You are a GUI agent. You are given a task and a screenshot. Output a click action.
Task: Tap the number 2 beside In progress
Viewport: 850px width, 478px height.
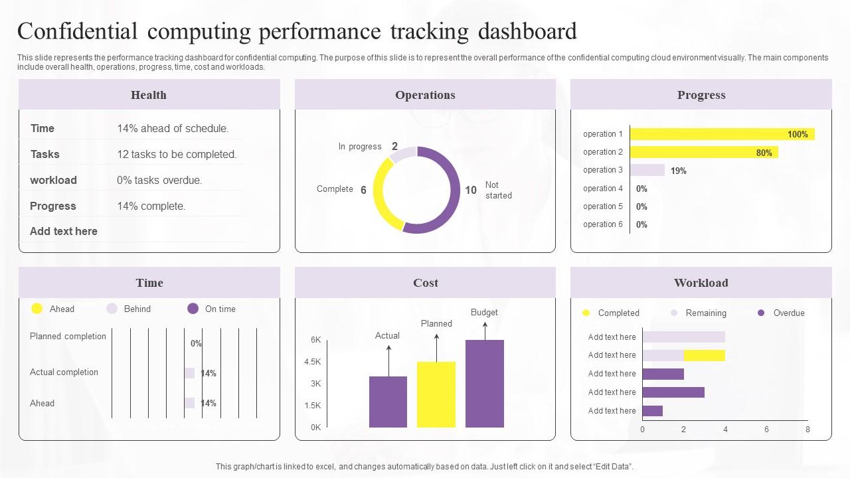click(x=394, y=146)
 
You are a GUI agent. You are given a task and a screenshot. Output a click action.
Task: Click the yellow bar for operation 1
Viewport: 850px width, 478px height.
click(x=704, y=134)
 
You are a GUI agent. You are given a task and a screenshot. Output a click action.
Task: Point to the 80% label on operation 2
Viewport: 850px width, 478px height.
click(x=764, y=153)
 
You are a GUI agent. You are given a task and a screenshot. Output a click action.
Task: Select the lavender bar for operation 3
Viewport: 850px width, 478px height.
click(x=647, y=170)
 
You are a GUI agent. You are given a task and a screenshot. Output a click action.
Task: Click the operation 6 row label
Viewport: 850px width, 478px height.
click(x=603, y=224)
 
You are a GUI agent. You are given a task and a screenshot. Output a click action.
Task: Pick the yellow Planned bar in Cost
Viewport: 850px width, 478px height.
click(x=436, y=394)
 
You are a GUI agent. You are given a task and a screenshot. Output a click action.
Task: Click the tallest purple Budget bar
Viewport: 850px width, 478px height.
click(x=485, y=384)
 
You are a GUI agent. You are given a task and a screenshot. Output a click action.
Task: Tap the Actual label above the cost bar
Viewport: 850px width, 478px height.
click(x=387, y=335)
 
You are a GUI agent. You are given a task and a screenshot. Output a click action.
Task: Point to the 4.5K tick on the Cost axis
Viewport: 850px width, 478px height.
click(x=312, y=362)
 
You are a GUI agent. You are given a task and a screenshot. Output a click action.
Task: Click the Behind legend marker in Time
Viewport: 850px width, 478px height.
click(x=112, y=309)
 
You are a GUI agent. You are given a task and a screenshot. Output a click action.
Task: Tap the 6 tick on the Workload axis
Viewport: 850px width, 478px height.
click(x=766, y=430)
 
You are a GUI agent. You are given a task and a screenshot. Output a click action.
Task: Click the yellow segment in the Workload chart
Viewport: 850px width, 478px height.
click(x=704, y=355)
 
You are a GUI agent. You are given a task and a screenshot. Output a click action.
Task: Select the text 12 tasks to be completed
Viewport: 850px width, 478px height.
click(x=177, y=154)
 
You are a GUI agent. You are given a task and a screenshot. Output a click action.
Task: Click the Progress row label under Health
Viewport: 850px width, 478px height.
click(x=53, y=206)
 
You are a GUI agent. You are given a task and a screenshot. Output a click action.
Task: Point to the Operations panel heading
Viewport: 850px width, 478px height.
click(x=425, y=95)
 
